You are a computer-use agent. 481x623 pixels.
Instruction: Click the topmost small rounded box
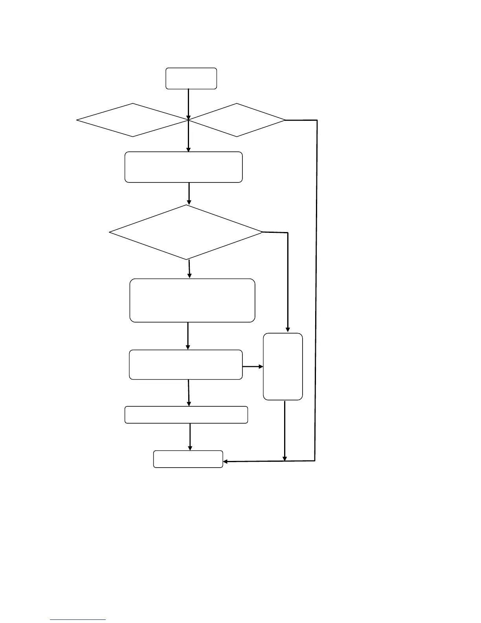tap(191, 78)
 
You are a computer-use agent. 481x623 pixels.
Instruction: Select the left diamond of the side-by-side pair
tap(133, 120)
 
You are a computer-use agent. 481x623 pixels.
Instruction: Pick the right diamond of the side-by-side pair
tap(237, 120)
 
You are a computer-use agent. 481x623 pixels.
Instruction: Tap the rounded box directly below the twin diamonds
tap(184, 167)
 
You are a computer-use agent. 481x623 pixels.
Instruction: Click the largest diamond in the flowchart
tap(186, 232)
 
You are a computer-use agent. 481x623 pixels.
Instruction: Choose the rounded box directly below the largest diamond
tap(192, 300)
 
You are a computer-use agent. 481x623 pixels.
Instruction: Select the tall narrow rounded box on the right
tap(283, 367)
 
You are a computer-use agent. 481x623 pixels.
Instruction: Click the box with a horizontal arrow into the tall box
tap(186, 365)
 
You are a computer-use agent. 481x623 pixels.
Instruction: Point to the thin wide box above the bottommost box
tap(186, 415)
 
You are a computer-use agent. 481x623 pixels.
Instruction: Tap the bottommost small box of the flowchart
tap(188, 459)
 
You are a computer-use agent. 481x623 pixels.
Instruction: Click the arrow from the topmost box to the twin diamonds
tap(189, 103)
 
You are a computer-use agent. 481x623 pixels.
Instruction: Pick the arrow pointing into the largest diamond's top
tap(189, 194)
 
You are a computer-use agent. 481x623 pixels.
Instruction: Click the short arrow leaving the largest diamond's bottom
tap(189, 269)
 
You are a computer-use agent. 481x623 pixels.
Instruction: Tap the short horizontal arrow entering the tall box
tap(253, 367)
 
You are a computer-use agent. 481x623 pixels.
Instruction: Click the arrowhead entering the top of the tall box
tap(288, 329)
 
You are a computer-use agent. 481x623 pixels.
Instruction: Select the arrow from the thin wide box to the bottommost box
tap(190, 437)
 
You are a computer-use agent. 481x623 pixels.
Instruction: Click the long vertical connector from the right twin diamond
tap(316, 291)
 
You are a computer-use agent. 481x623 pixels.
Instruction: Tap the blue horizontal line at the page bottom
tap(78, 620)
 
